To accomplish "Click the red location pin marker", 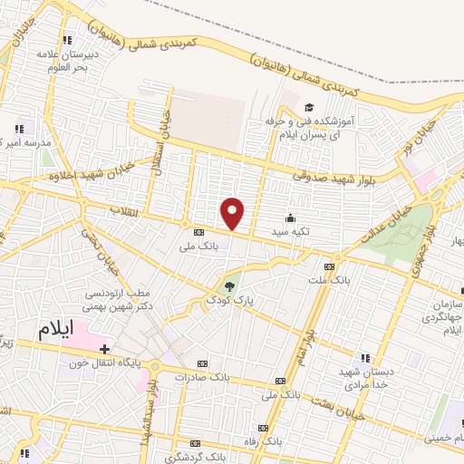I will [233, 212].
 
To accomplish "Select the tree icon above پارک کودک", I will [230, 285].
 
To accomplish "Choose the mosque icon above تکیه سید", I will [290, 217].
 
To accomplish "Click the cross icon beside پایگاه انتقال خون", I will [105, 349].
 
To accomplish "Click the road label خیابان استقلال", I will [166, 134].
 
